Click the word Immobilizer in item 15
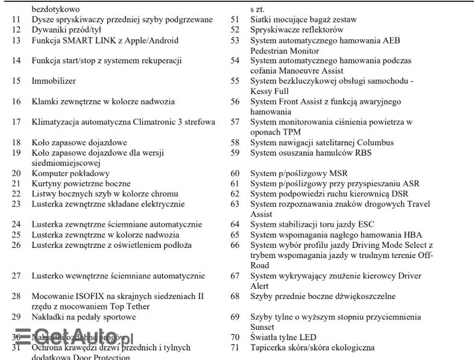[x=54, y=81]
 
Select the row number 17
[x=16, y=122]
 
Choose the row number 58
[x=235, y=142]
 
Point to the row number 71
[x=235, y=347]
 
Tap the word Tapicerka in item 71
[x=268, y=347]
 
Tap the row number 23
[x=16, y=204]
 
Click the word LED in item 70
[x=306, y=337]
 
